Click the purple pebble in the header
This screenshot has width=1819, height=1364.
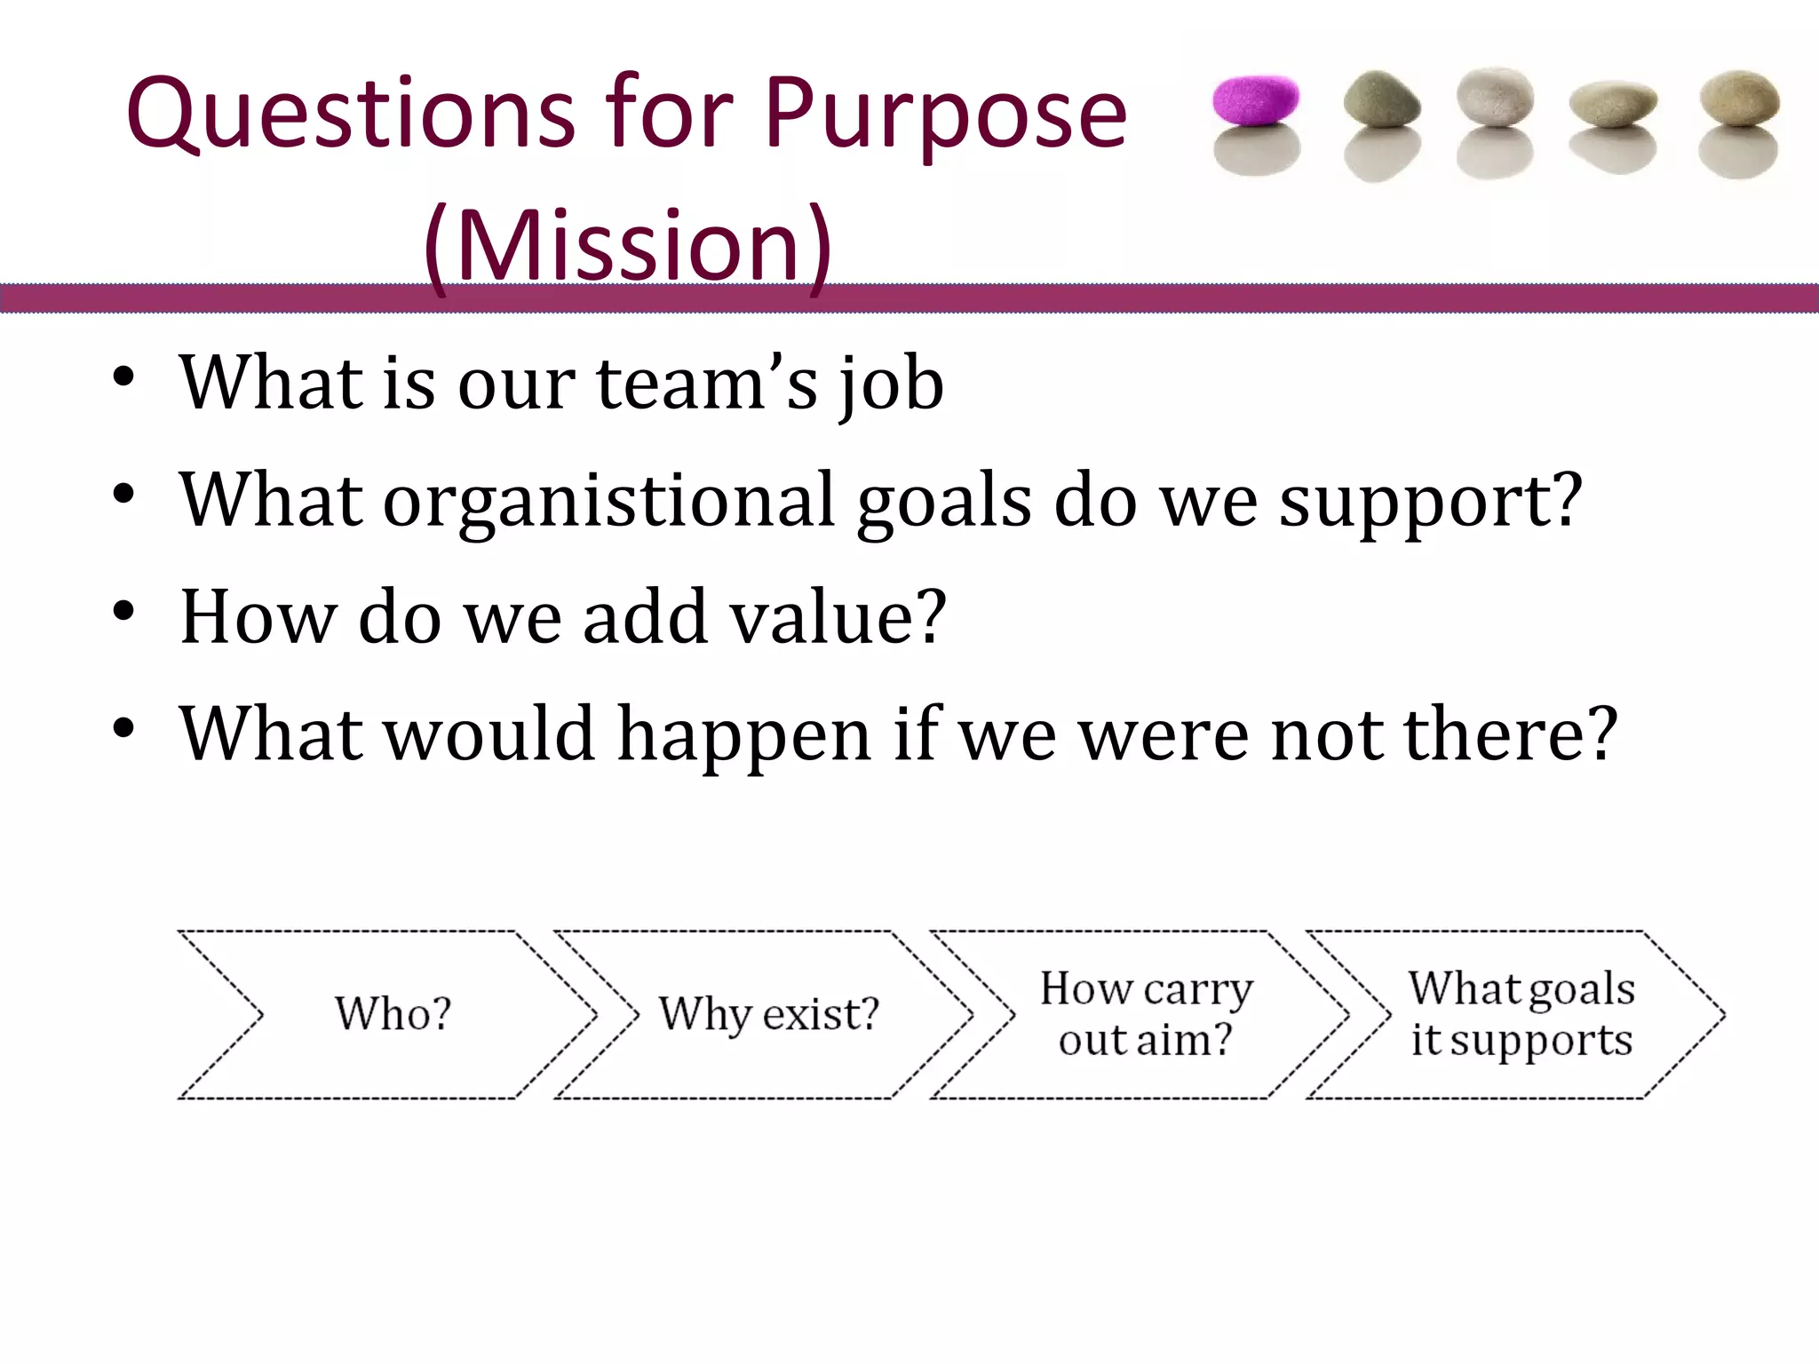point(1256,99)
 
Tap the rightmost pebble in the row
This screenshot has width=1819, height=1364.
point(1739,99)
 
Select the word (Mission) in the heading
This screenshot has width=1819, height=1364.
point(627,245)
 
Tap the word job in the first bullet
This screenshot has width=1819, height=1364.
point(891,384)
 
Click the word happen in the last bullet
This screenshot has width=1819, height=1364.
point(744,734)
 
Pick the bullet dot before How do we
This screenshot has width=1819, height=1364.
point(123,611)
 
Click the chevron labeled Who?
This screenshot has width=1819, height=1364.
point(391,1014)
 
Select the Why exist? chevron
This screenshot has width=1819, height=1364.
point(768,1014)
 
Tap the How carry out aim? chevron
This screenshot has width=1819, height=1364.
point(1146,1014)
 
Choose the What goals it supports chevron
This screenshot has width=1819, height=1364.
point(1521,1014)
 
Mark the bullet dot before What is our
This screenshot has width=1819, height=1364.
point(123,377)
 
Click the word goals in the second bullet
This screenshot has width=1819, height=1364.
point(944,502)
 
